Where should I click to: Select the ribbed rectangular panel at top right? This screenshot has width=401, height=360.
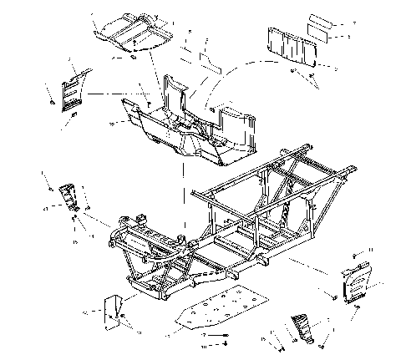point(293,46)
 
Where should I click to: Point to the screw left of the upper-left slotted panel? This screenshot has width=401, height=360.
point(51,102)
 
